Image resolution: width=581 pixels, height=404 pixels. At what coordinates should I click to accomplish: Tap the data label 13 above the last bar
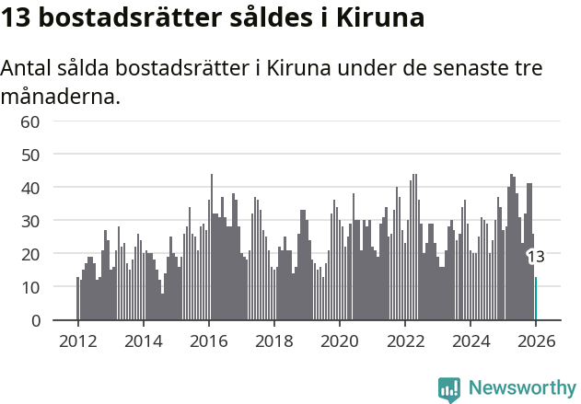point(535,257)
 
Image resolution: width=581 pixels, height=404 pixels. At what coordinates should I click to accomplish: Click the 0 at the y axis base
point(35,320)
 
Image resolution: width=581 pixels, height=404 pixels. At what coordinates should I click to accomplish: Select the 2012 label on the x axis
point(77,341)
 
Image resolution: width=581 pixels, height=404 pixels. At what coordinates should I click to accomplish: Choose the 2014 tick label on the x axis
point(143,341)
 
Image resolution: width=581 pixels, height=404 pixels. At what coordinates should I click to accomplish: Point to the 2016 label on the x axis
point(208,341)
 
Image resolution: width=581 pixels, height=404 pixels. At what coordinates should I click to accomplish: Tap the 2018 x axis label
point(273,341)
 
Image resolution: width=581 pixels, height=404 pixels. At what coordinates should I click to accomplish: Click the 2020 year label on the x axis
point(339,341)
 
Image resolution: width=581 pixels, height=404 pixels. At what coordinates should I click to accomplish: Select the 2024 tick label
point(471,341)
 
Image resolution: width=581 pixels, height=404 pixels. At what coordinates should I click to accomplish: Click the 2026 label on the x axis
point(536,341)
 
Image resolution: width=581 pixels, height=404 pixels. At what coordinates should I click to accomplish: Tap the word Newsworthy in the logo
point(522,388)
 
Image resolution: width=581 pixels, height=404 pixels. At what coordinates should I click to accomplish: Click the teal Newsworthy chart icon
point(449,389)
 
